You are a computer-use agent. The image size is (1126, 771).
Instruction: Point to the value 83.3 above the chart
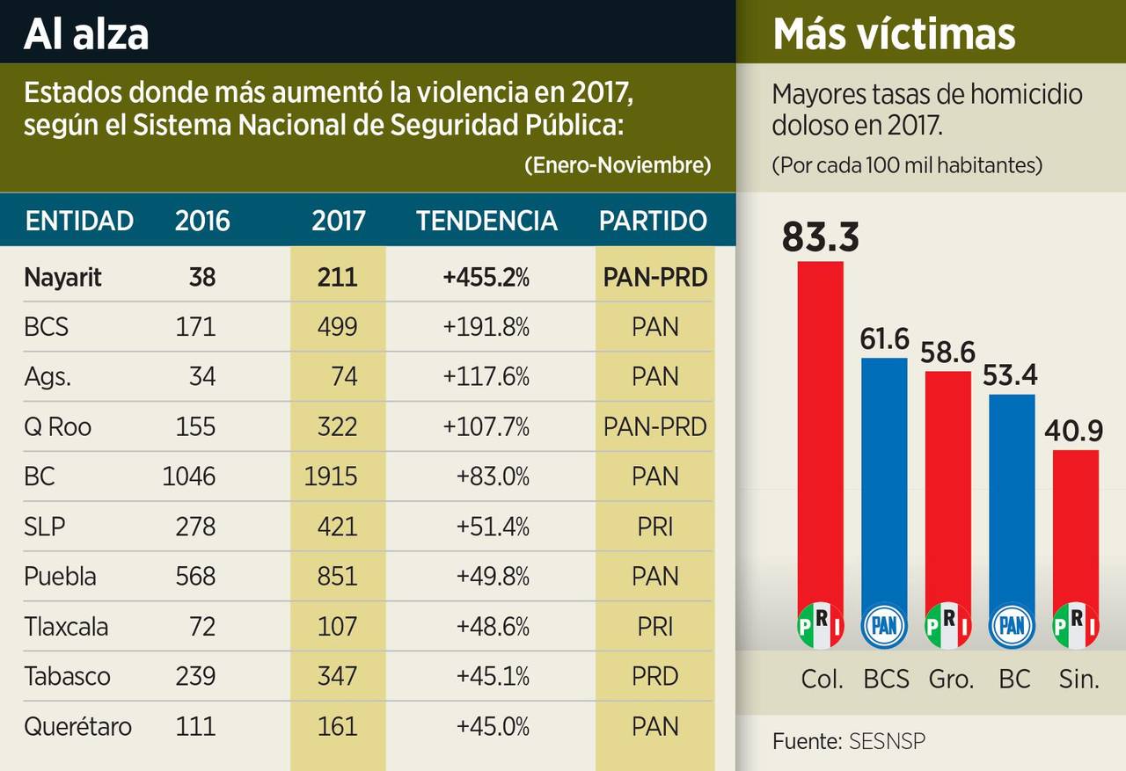(820, 236)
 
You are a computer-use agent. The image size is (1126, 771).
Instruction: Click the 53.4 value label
(1012, 375)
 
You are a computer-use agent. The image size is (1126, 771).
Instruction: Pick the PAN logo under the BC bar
(1012, 626)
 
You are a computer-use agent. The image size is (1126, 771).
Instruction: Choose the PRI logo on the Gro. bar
(948, 626)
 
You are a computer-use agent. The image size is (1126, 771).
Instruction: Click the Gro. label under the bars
(951, 679)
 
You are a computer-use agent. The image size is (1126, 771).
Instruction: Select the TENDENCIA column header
(486, 221)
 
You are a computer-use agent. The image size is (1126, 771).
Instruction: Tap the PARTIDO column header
(653, 221)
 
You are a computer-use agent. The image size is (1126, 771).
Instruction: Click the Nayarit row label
(62, 278)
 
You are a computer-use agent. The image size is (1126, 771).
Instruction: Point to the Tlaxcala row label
(66, 627)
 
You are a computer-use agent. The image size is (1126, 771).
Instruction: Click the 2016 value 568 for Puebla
(195, 577)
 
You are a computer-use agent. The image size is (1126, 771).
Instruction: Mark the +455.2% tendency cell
(486, 278)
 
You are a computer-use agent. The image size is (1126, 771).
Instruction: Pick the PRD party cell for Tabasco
(654, 677)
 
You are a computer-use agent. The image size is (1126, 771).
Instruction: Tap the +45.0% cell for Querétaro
(493, 727)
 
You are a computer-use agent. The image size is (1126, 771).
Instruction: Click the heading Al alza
(85, 33)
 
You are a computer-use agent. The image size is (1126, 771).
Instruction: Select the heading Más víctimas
(894, 33)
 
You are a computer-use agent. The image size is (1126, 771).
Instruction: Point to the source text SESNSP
(887, 741)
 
